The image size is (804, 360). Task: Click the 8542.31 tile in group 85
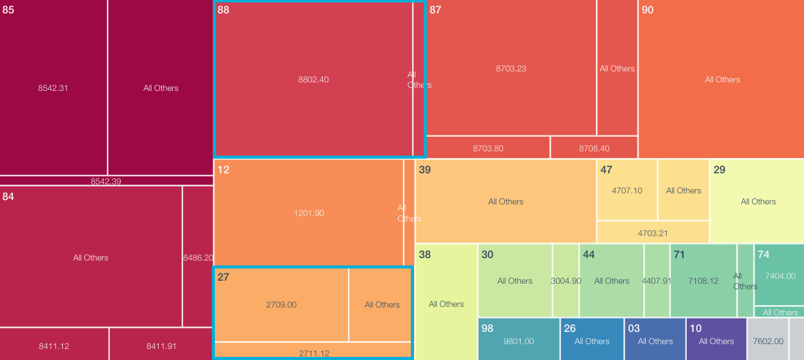pos(53,88)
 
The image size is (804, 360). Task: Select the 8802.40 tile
pos(313,79)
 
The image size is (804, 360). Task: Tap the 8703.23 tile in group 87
pos(511,68)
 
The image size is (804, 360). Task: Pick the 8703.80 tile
pos(488,148)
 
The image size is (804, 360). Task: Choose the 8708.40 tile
pos(594,148)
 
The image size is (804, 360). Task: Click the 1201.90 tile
pos(309,213)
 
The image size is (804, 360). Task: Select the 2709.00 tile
pos(281,304)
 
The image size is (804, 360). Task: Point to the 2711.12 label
pos(314,353)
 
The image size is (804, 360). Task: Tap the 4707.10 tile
pos(627,190)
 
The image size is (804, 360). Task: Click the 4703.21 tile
pos(653,233)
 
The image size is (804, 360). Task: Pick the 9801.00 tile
pos(519,341)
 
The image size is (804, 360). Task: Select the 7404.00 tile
pos(780,276)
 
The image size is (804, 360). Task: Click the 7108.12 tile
pos(703,281)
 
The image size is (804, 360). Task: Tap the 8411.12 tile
pos(54,346)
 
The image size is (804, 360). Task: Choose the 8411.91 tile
pos(161,346)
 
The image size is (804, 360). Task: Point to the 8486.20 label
pos(198,257)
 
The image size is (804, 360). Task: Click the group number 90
pos(648,10)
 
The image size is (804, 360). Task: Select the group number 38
pos(425,254)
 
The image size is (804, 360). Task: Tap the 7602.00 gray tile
pos(769,341)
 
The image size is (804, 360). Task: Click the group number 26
pos(570,328)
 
